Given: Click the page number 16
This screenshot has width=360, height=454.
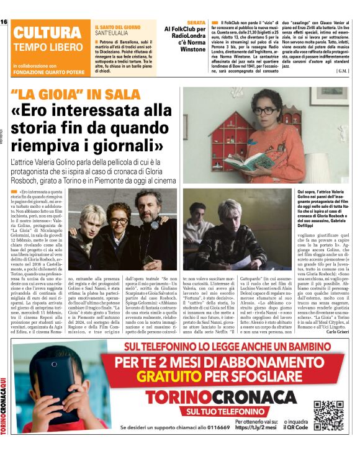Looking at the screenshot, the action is coord(4,22).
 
